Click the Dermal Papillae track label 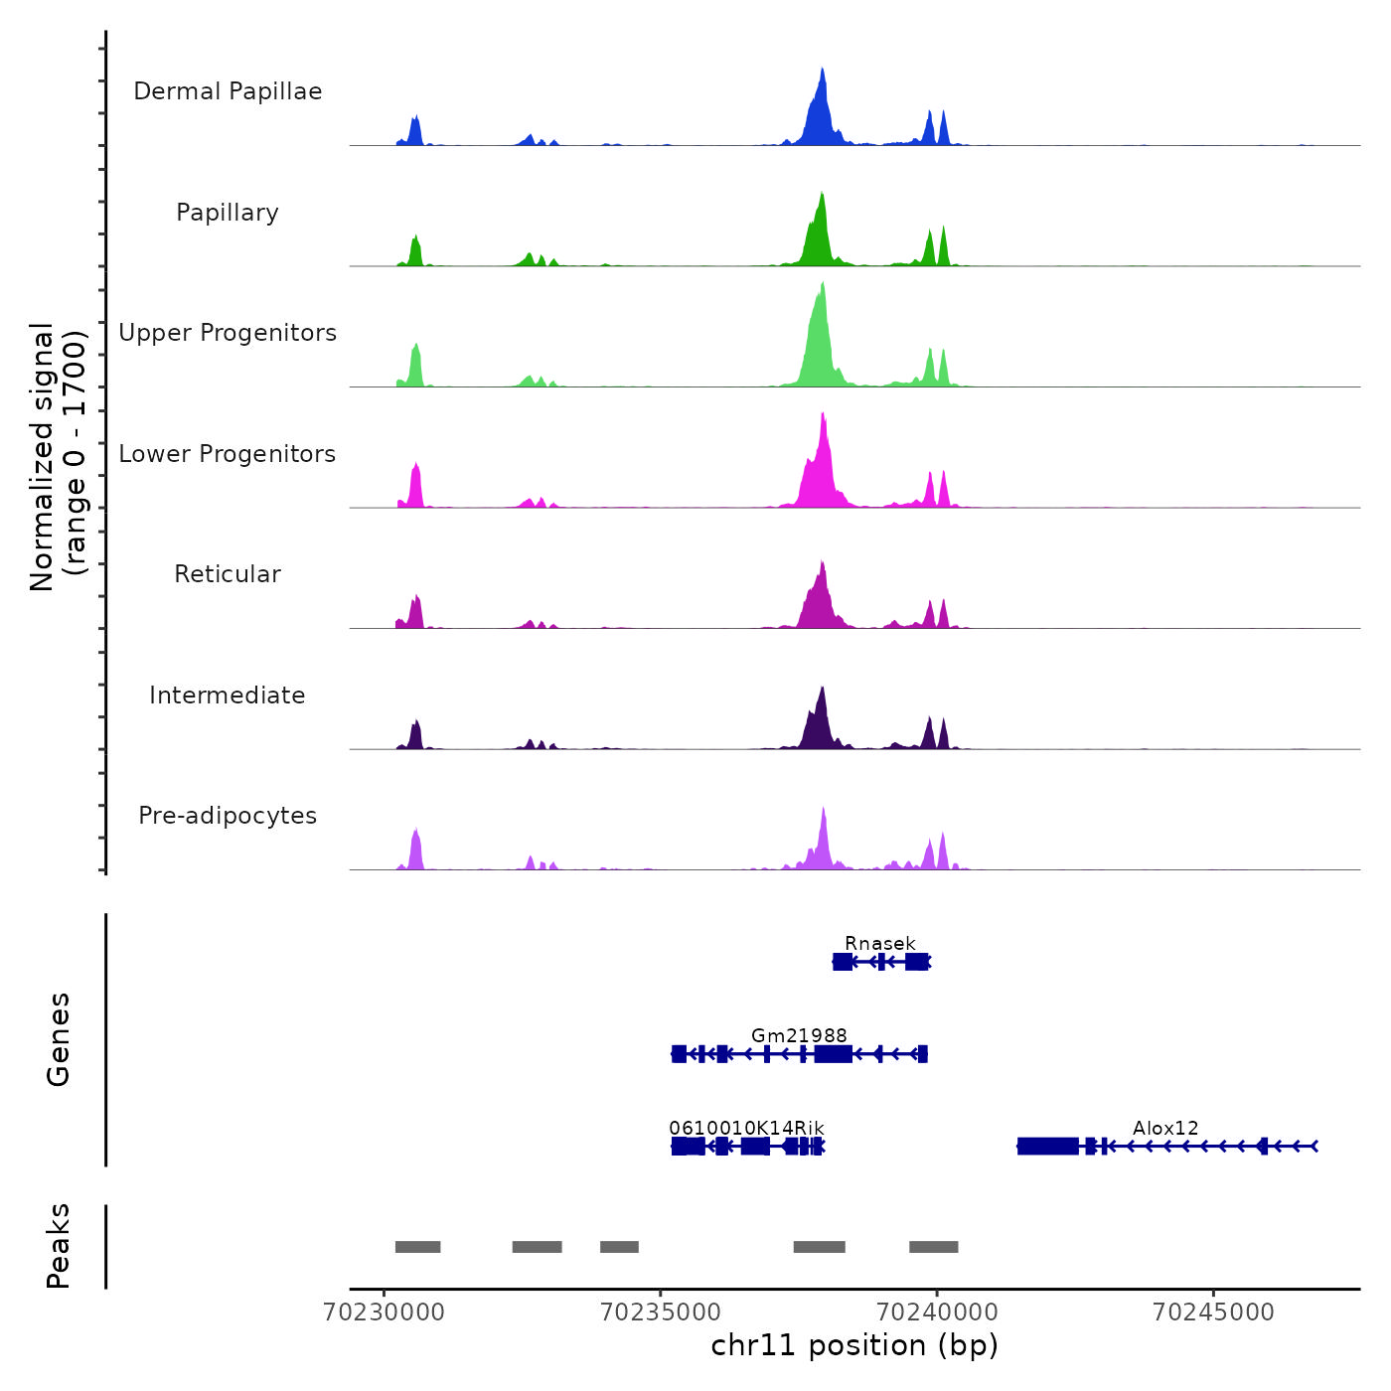click(228, 91)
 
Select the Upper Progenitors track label click(228, 333)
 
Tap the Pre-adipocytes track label click(228, 816)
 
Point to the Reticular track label click(228, 574)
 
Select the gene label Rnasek click(880, 943)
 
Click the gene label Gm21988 click(799, 1035)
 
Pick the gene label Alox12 click(1165, 1128)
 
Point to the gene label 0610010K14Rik click(746, 1128)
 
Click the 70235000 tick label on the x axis click(661, 1312)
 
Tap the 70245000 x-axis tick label click(1213, 1312)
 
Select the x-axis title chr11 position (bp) click(854, 1345)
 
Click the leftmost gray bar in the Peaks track click(417, 1247)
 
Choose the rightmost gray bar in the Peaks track click(933, 1247)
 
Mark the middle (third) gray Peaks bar click(619, 1247)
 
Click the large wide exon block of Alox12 click(1048, 1147)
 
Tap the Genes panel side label click(58, 1038)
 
